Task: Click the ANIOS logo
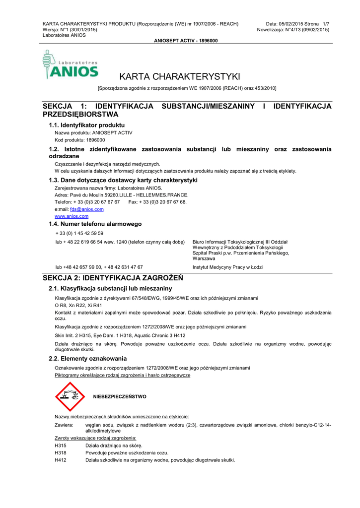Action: coord(71,65)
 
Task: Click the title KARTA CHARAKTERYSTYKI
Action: coord(180,76)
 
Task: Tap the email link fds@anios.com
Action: coord(87,209)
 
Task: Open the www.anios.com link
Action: coord(72,216)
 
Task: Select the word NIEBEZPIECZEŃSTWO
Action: coord(120,397)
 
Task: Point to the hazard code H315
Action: coord(61,446)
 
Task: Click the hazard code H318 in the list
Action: coord(61,453)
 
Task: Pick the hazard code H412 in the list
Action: coord(61,460)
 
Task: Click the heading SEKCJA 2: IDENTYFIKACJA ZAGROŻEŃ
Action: coord(113,278)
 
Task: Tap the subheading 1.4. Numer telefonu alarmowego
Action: coord(95,224)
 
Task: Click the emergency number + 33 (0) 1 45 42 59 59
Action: coord(79,233)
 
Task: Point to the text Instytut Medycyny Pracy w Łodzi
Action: coord(227,267)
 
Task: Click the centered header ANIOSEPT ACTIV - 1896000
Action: coord(186,41)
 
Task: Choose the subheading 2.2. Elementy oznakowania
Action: coord(87,358)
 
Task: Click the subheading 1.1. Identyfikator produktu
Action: coord(86,125)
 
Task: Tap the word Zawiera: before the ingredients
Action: coord(64,425)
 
